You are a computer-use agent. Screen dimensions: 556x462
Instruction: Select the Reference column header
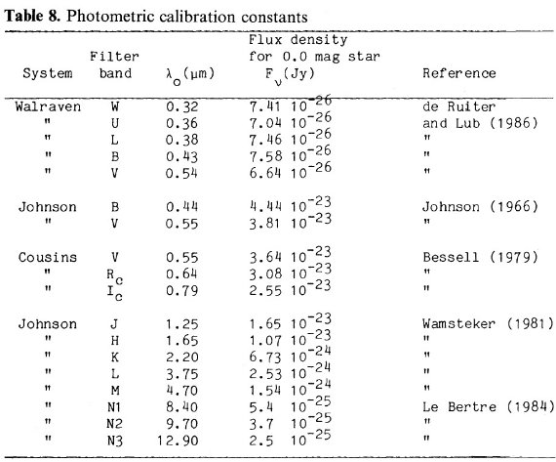pos(459,73)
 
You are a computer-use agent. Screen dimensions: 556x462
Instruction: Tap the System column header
pos(48,73)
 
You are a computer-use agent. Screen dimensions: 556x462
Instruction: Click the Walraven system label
pos(48,106)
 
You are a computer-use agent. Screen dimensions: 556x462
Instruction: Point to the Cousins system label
pos(48,257)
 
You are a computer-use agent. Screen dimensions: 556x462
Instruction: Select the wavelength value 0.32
pos(181,106)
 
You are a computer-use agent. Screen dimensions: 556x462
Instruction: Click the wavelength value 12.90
pos(178,441)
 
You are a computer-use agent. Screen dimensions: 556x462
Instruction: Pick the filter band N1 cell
pos(114,407)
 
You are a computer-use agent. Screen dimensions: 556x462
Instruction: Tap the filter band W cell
pos(114,106)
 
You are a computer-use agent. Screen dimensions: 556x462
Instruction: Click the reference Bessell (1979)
pos(481,257)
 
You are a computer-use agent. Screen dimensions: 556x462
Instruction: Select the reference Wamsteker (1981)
pos(488,323)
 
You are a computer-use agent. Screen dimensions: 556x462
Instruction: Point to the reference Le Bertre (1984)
pos(489,406)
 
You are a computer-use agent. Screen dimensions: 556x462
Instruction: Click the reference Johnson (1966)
pos(480,206)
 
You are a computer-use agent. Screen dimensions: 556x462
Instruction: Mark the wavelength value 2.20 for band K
pos(181,357)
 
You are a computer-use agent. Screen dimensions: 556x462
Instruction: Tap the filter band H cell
pos(114,341)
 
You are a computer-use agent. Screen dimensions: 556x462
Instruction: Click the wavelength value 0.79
pos(181,291)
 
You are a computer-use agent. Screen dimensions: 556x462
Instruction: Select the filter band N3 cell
pos(115,441)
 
